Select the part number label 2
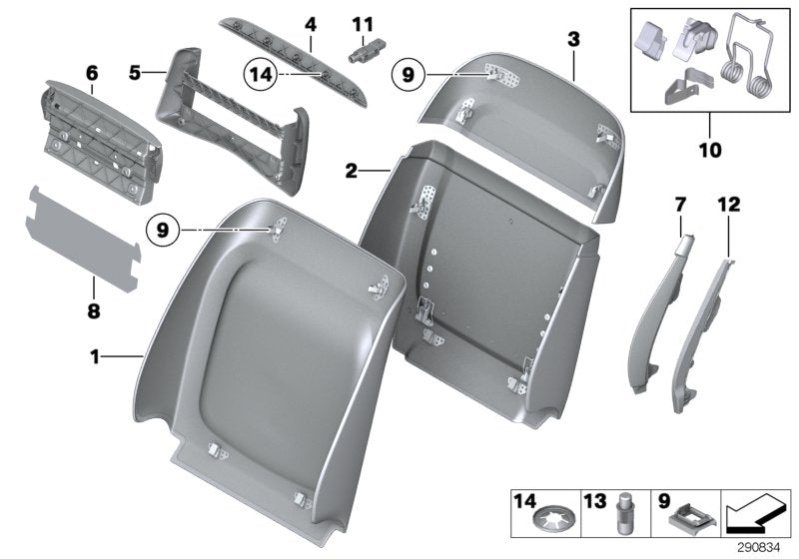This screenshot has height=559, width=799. tap(352, 171)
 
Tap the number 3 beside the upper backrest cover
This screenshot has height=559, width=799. tap(573, 40)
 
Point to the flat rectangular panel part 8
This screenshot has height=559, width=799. tap(80, 244)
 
